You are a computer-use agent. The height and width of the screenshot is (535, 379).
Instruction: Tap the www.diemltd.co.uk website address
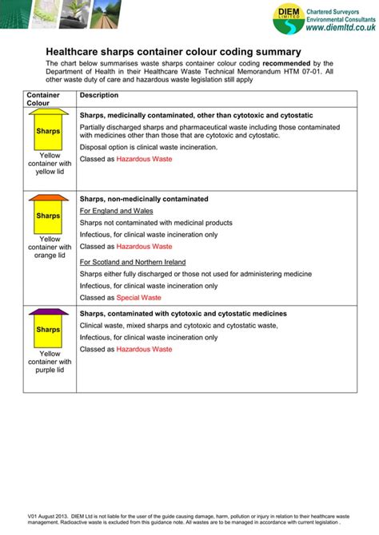click(x=337, y=28)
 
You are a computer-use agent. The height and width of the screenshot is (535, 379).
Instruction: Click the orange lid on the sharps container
click(x=49, y=198)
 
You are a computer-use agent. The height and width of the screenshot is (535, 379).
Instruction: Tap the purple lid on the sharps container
click(x=49, y=311)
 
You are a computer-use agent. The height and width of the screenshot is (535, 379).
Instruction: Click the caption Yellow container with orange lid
click(x=50, y=247)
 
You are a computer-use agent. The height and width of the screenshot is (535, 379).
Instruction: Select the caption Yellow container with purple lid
click(x=50, y=362)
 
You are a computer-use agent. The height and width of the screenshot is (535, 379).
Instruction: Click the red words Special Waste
click(x=139, y=297)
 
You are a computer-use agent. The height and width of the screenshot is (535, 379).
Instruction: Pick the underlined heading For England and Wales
click(x=116, y=211)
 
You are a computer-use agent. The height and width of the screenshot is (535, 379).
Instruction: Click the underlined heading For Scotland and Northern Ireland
click(x=132, y=261)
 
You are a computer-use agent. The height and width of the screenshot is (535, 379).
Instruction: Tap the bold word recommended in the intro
click(x=287, y=63)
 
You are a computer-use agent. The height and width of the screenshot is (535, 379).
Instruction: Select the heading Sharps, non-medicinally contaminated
click(x=144, y=199)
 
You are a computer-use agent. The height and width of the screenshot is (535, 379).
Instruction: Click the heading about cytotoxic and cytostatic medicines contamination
click(x=183, y=314)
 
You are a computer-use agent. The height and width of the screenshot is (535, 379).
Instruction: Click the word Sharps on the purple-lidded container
click(x=49, y=330)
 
